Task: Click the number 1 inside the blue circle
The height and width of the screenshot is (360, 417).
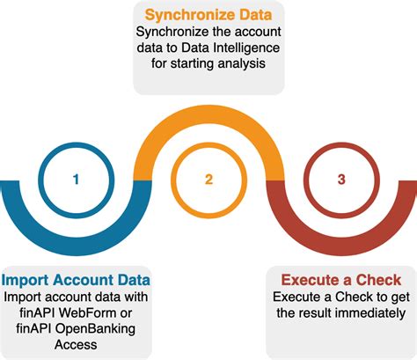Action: (x=77, y=180)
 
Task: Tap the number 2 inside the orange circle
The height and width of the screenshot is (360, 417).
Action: (x=208, y=180)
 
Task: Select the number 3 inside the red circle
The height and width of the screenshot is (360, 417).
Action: (x=340, y=180)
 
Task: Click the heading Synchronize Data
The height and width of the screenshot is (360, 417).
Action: (x=208, y=15)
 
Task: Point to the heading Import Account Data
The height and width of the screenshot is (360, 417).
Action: (x=76, y=280)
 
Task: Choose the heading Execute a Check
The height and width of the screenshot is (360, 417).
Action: (x=340, y=280)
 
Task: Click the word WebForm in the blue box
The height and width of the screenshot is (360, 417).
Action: (x=95, y=312)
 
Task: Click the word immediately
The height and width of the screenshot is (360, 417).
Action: (x=369, y=312)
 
